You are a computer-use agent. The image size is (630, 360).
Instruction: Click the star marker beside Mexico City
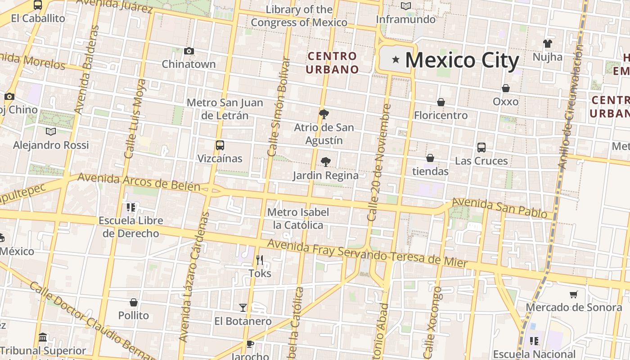coord(396,59)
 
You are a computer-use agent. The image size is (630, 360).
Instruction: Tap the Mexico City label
coord(462,60)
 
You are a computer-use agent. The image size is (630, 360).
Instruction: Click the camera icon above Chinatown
coord(189,51)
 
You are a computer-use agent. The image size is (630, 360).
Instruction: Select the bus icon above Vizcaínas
coord(220,145)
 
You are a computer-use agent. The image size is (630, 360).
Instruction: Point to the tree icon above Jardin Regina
coord(325,162)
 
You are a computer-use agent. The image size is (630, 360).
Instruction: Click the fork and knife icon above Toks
coord(260,260)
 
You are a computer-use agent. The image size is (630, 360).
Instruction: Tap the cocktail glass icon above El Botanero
coord(243,308)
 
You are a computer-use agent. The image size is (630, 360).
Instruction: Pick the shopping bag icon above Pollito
coord(133,302)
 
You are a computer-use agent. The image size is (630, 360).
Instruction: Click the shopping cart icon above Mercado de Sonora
coord(573,295)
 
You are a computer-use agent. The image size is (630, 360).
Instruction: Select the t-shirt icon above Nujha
coord(547,44)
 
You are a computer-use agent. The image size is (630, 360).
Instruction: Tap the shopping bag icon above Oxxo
coord(506,88)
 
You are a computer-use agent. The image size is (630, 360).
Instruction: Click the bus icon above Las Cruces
coord(481,148)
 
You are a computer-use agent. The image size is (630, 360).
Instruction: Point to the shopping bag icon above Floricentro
coord(441,102)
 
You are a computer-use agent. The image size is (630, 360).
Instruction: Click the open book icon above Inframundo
coord(406,6)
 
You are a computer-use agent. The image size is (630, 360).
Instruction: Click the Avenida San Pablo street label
coord(502,208)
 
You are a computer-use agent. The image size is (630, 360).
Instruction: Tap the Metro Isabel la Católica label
coord(298,219)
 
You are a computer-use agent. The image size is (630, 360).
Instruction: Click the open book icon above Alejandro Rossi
coord(51,132)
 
